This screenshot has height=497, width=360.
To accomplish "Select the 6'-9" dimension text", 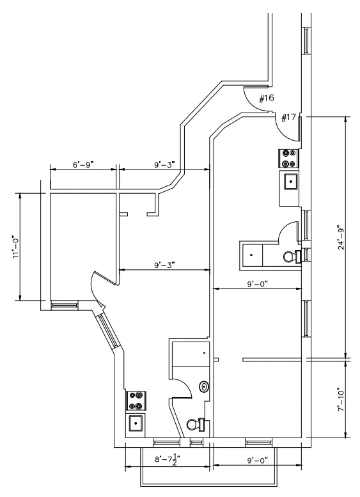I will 83,164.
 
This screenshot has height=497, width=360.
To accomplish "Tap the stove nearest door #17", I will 288,158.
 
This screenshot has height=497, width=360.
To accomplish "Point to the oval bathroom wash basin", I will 204,386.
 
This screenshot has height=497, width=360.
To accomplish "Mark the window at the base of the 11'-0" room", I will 64,305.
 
